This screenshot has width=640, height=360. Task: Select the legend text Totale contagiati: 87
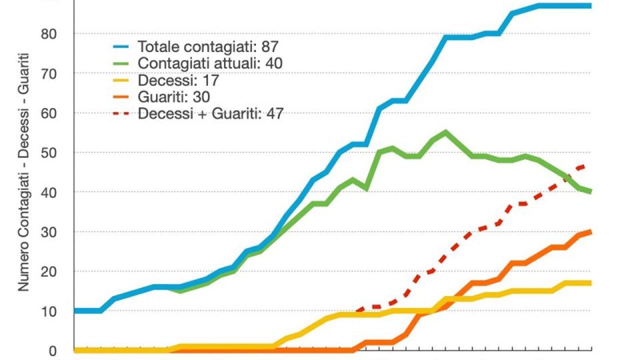[x=207, y=47]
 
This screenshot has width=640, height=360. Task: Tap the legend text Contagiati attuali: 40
[x=210, y=63]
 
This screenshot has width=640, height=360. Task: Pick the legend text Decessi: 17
[x=178, y=80]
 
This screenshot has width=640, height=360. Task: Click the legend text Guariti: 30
[x=173, y=96]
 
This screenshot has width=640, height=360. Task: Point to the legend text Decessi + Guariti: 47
[x=210, y=113]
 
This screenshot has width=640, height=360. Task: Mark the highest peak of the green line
[x=445, y=132]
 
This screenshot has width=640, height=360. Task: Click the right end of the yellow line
[x=590, y=283]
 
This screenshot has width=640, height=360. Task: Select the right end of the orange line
[x=590, y=231]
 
